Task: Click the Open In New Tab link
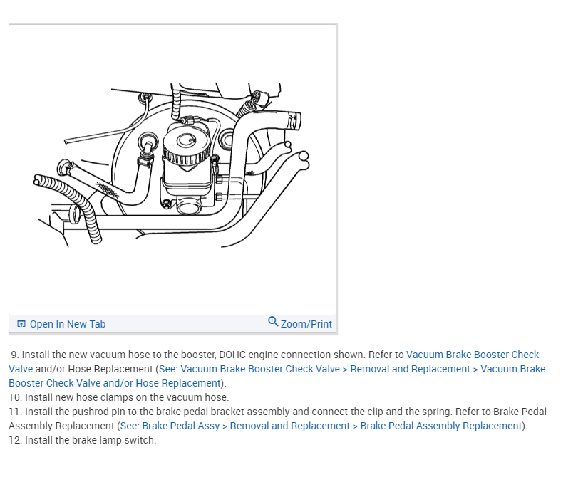point(67,324)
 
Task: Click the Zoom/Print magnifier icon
point(273,322)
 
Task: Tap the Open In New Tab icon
point(21,324)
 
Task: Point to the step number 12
point(14,440)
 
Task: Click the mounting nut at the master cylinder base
point(166,204)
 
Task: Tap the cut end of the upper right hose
point(294,120)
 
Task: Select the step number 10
point(14,397)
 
